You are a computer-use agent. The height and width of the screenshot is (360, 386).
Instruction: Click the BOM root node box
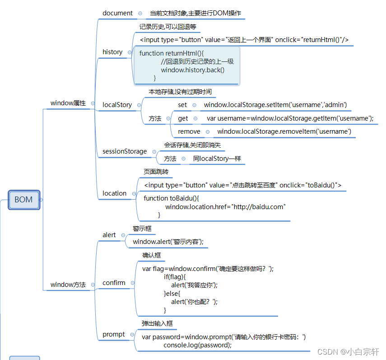[23, 200]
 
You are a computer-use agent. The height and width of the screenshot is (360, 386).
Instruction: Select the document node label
[117, 13]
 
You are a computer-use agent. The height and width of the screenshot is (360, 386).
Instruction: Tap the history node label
[112, 52]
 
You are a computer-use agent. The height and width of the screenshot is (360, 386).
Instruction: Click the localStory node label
[117, 105]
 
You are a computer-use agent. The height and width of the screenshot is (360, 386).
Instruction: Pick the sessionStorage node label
[125, 151]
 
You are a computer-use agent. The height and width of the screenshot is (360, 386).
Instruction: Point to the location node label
[114, 193]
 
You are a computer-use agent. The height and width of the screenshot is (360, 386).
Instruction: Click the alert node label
[109, 235]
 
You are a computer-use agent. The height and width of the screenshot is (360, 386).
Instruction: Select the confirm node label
[114, 283]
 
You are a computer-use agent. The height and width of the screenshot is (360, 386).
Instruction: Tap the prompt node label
[114, 334]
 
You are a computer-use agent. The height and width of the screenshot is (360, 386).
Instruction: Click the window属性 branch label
[68, 103]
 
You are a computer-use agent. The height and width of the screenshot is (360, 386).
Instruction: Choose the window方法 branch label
[68, 285]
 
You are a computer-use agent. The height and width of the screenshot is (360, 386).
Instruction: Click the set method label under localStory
[182, 105]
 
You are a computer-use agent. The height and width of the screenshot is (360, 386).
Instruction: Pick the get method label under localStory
[183, 118]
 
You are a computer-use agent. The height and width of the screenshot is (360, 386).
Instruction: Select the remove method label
[189, 131]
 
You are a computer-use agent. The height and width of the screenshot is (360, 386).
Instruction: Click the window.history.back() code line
[193, 70]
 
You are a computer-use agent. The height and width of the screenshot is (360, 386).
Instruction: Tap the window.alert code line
[168, 242]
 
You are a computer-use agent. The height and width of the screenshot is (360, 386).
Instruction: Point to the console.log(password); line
[197, 345]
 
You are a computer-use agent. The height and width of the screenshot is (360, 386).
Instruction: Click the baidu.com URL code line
[225, 207]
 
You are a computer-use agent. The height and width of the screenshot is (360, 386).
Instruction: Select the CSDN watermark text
[348, 351]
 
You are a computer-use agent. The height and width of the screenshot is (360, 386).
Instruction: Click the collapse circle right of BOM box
[41, 200]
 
